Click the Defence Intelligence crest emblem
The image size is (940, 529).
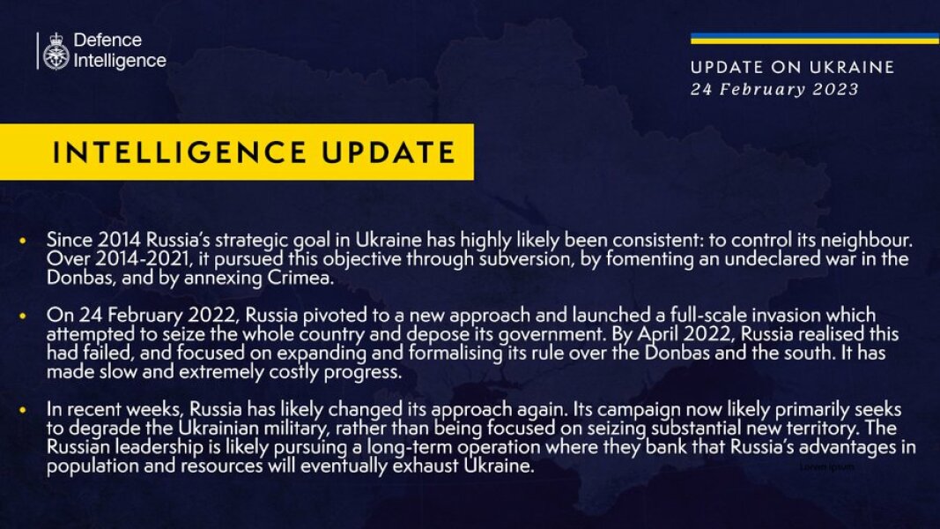56,51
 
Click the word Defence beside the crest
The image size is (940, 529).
107,41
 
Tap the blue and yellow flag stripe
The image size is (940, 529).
814,38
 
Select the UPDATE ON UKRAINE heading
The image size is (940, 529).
792,68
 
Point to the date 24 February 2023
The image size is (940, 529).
773,89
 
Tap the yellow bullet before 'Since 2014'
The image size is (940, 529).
23,241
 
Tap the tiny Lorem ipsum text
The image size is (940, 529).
826,466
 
